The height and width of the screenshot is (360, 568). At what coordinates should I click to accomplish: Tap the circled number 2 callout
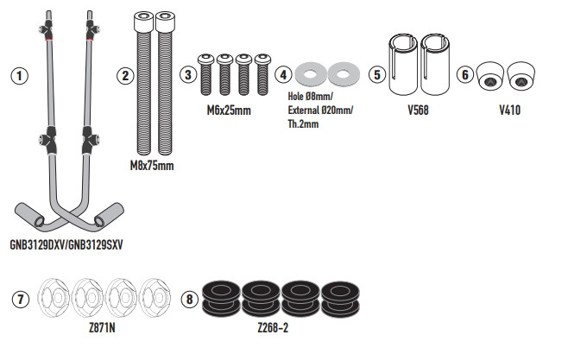125,75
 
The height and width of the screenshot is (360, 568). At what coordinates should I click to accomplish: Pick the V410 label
509,111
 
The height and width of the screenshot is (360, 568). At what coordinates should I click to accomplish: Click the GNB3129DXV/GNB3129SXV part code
66,244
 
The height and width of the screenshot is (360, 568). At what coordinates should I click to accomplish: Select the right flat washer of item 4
343,73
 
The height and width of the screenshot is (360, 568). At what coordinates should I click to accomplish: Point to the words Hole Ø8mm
309,96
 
